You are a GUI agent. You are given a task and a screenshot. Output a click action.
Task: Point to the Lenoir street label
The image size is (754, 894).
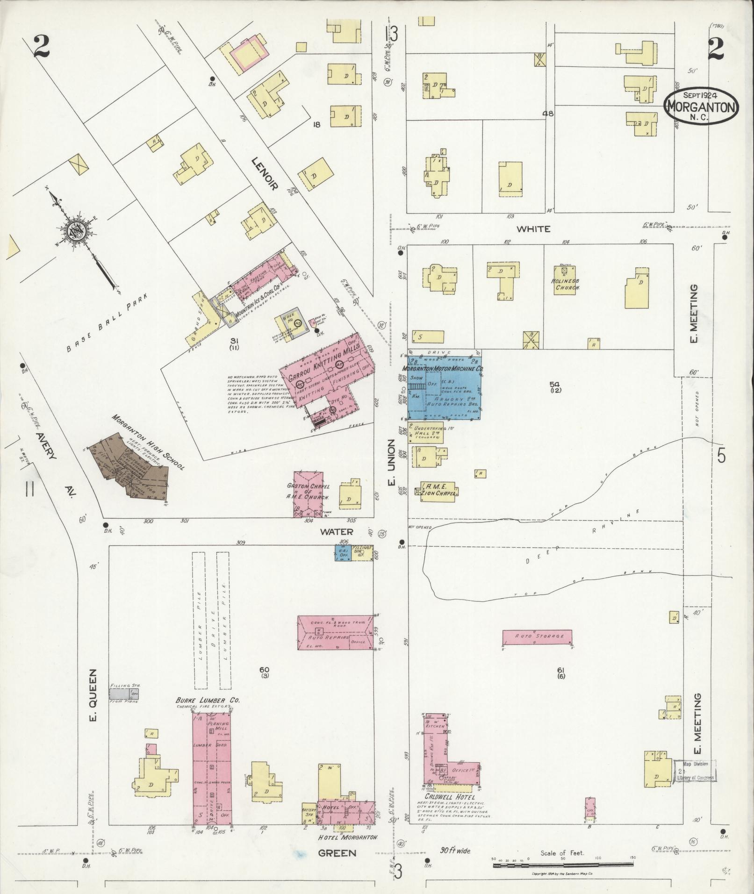[265, 172]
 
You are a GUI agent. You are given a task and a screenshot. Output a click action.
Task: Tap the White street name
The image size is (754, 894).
[533, 229]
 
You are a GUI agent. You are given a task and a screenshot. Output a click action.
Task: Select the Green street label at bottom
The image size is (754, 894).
[337, 853]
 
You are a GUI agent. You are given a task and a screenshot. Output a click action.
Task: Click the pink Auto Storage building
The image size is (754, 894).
[537, 637]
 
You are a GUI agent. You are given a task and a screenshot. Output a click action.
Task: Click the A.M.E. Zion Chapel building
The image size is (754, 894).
[438, 492]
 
